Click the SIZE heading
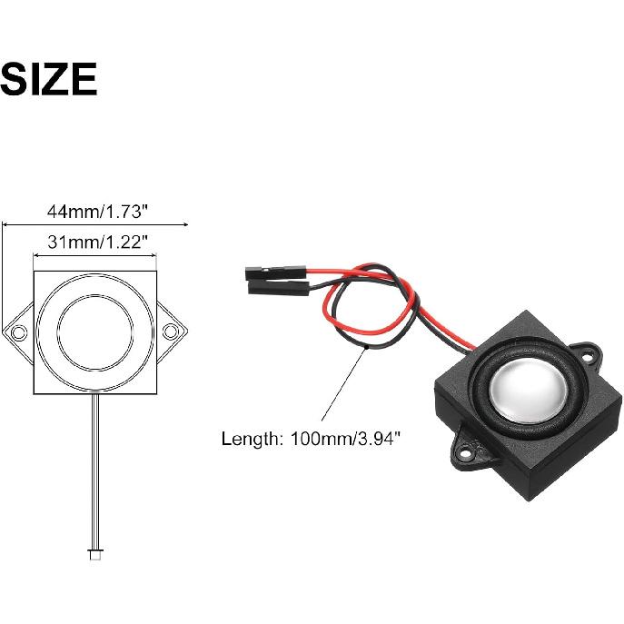[x=48, y=79]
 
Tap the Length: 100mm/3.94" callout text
[x=311, y=439]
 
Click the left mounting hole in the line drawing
[x=19, y=332]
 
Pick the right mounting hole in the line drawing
[x=171, y=332]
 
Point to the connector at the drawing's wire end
[x=95, y=554]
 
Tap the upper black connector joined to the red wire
[x=276, y=273]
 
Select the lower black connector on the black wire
[x=279, y=287]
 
